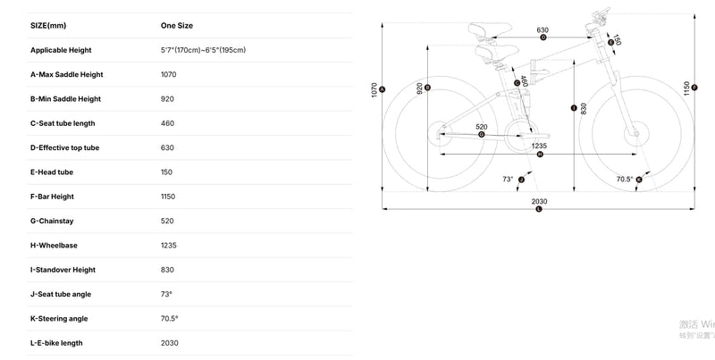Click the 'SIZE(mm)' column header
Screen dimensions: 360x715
[49, 26]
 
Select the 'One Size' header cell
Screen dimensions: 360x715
[176, 26]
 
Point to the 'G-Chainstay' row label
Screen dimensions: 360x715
[53, 221]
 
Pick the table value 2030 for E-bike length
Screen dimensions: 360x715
[169, 343]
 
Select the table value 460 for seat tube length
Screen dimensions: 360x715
[167, 123]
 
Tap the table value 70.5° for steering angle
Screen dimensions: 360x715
[169, 318]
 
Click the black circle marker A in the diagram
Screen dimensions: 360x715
[383, 88]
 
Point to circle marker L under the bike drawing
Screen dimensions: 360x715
[539, 210]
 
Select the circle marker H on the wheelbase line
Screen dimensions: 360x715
[539, 155]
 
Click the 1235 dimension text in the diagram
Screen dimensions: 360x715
[539, 145]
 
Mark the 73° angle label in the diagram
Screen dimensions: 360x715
[508, 179]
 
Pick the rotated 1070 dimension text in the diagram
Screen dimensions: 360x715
[374, 88]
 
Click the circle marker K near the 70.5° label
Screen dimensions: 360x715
[639, 180]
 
